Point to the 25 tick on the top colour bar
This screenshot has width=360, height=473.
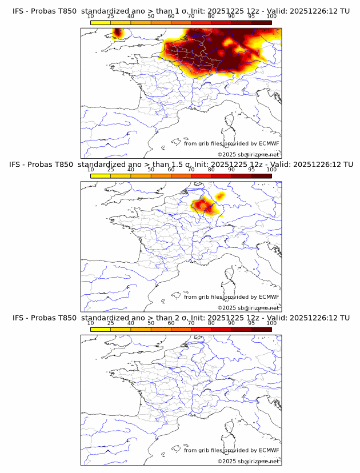(x=111, y=17)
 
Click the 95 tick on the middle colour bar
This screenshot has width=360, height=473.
(x=251, y=170)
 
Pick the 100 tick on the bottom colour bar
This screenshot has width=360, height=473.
(x=271, y=323)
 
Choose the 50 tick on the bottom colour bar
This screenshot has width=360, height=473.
(x=151, y=323)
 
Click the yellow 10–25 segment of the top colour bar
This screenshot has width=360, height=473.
(x=101, y=22)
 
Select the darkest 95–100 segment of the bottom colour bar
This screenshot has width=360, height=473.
(x=261, y=329)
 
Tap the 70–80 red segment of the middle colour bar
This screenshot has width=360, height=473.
(x=201, y=176)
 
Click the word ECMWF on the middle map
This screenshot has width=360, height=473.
(x=269, y=297)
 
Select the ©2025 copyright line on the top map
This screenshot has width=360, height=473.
(x=248, y=155)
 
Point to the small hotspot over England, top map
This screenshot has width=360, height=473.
(x=118, y=33)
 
